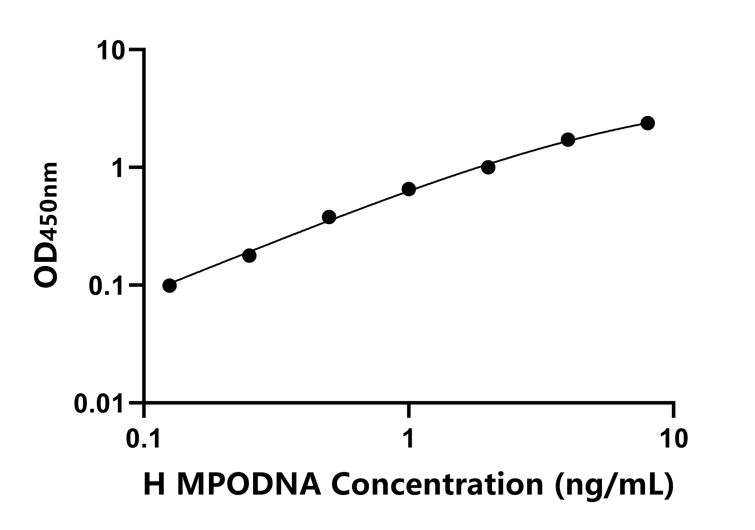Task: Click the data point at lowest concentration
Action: pyautogui.click(x=169, y=286)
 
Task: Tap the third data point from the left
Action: pyautogui.click(x=329, y=217)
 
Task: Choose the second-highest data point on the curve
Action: pyautogui.click(x=568, y=140)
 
